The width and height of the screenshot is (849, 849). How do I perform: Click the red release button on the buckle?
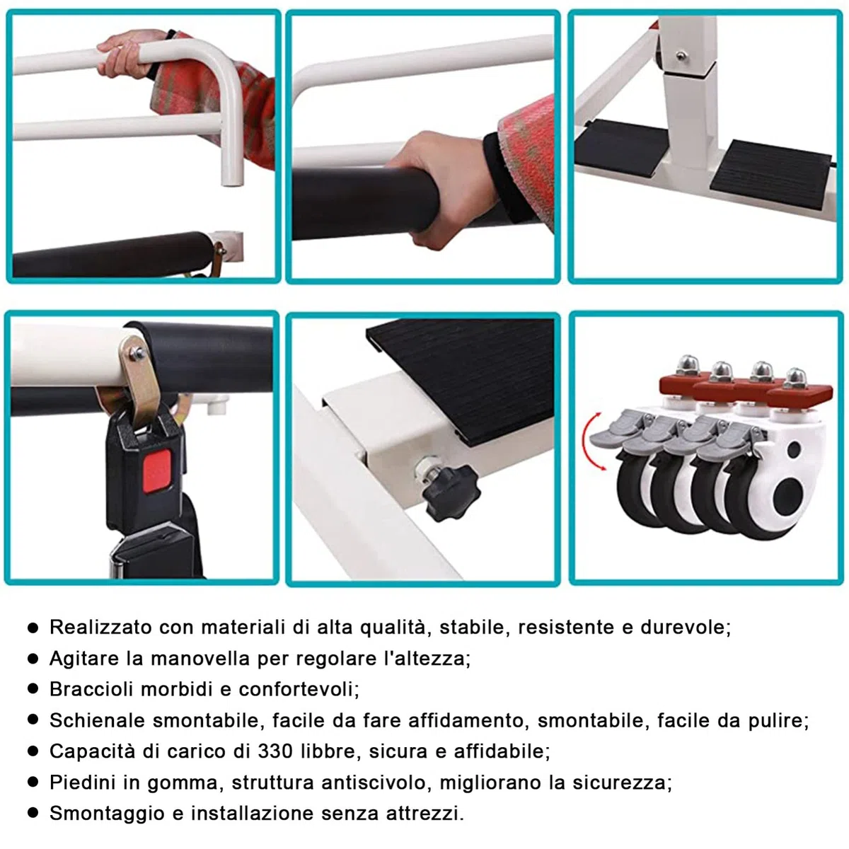[157, 470]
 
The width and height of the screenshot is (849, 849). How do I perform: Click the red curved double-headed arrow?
[591, 441]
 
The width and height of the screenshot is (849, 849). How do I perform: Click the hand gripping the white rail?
[128, 54]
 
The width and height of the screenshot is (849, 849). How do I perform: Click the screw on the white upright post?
[681, 56]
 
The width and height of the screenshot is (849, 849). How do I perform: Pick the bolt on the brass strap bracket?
[139, 353]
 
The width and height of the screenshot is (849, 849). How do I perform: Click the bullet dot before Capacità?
[33, 751]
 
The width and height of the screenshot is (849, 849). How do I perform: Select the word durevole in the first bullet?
[685, 627]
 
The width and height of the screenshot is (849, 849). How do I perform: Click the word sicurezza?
[622, 782]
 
